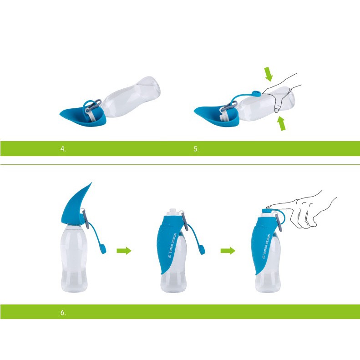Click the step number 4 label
click(63, 149)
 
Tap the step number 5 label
click(196, 149)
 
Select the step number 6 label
click(63, 313)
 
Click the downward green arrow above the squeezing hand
click(269, 74)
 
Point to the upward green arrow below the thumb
click(282, 123)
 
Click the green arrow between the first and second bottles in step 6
click(124, 251)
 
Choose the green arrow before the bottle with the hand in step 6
click(228, 251)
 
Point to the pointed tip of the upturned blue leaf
click(91, 183)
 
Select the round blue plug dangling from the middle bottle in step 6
click(202, 250)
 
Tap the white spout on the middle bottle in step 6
click(173, 212)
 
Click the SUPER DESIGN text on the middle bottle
click(172, 245)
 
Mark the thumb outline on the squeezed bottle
click(278, 104)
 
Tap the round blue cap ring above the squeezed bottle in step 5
click(256, 93)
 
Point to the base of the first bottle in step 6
click(74, 289)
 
